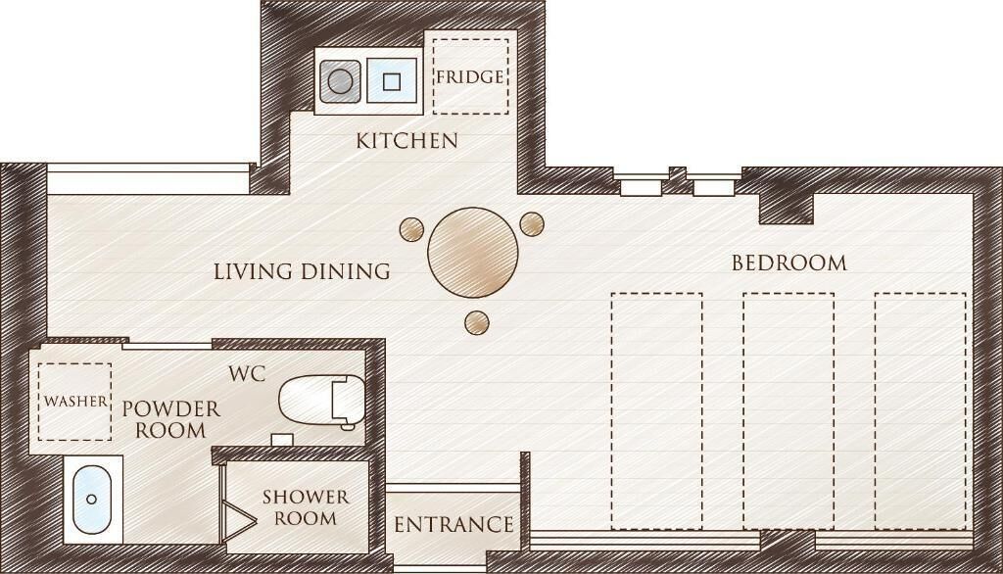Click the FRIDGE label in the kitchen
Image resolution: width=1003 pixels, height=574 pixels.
tap(470, 76)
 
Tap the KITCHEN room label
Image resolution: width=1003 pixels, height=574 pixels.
tap(406, 141)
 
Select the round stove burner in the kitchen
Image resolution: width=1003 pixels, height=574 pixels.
tap(340, 81)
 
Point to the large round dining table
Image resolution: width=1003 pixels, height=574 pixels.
tap(473, 252)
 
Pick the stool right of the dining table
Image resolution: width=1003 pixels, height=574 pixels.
tap(532, 223)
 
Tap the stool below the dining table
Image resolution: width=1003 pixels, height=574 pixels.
tap(477, 321)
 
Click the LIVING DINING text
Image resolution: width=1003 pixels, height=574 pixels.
tap(302, 271)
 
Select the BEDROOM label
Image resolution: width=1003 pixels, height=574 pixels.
tap(789, 263)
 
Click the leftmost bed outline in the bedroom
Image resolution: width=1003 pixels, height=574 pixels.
tap(656, 409)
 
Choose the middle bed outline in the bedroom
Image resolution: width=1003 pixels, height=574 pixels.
tap(788, 409)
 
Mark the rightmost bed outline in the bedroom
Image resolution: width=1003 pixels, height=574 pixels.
tap(920, 409)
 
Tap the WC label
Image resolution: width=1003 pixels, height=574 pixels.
tap(247, 374)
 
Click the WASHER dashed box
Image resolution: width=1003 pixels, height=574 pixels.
tap(74, 401)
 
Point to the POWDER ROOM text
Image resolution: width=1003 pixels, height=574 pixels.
tap(170, 419)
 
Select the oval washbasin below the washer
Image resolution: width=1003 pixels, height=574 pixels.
tap(92, 499)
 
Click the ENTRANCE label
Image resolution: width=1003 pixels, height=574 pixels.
tap(454, 525)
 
